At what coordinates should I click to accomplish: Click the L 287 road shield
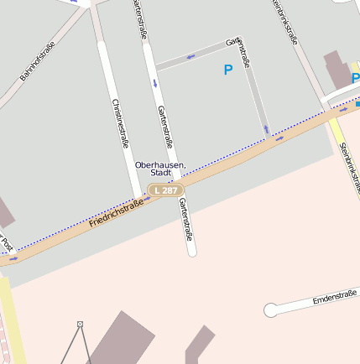[165, 191]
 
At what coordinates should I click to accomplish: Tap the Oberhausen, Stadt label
[160, 169]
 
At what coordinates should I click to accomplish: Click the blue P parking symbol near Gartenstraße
[227, 70]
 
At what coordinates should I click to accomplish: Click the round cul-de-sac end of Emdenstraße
[271, 310]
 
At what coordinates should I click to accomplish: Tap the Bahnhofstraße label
[38, 60]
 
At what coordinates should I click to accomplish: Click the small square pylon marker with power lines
[81, 324]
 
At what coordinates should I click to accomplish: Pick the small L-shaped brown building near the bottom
[199, 344]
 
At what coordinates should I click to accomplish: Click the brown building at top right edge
[337, 70]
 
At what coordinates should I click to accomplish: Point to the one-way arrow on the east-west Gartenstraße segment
[191, 56]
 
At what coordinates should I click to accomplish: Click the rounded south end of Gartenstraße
[191, 250]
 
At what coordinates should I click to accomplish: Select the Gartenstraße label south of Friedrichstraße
[186, 220]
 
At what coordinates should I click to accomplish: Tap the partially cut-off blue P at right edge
[355, 79]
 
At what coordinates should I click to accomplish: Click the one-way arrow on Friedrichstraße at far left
[13, 258]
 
